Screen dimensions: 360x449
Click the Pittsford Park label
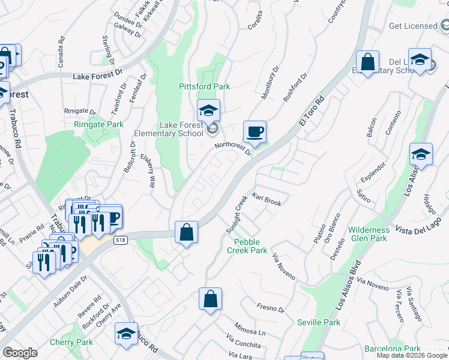pos(205,86)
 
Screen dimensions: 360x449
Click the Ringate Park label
pos(98,124)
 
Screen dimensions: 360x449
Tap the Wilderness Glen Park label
pos(369,234)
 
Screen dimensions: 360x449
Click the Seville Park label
pos(319,322)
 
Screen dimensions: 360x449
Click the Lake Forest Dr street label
pos(97,77)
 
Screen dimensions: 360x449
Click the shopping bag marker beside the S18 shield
pos(186,232)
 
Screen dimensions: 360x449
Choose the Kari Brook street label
pos(267,200)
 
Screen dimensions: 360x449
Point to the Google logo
pos(20,353)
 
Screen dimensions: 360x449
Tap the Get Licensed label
pos(413,26)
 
